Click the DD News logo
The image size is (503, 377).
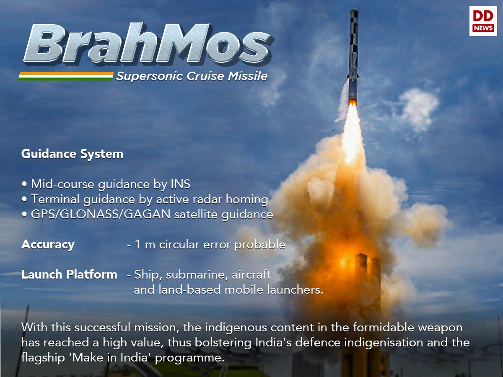(483, 21)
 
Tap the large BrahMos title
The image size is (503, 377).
(148, 44)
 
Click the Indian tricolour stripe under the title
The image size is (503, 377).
(66, 76)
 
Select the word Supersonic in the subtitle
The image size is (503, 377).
(149, 77)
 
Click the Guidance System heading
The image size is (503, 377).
(72, 154)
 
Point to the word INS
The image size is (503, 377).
(180, 184)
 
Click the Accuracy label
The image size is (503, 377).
(48, 245)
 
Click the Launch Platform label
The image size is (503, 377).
(69, 274)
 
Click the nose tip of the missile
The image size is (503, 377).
(354, 9)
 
